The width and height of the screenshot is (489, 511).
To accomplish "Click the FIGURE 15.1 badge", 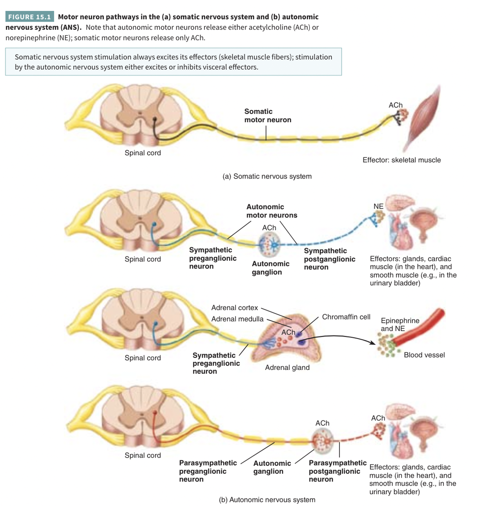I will tap(29, 17).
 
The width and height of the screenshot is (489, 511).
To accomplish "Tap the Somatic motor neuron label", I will tap(268, 116).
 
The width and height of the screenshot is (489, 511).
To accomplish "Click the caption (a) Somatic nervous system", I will tap(267, 176).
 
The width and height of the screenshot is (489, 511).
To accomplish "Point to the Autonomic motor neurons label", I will tap(272, 211).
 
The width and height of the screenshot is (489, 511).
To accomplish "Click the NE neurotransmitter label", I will tap(378, 206).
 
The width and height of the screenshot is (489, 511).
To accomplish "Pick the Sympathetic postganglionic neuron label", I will tap(329, 259).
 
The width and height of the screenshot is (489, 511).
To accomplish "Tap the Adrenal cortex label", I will tap(234, 308).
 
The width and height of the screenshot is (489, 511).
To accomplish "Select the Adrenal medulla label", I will tap(237, 319).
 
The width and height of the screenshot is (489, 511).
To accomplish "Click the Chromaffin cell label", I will tap(346, 317).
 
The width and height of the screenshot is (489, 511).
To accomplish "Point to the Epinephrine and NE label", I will tap(400, 324).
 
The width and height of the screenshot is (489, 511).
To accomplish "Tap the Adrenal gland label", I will tap(287, 368).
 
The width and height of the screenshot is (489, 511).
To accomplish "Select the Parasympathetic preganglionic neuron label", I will tap(208, 471).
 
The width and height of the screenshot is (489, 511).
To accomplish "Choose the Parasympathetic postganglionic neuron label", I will tap(337, 471).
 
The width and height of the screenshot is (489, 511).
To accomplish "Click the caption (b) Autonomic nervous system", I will tap(267, 500).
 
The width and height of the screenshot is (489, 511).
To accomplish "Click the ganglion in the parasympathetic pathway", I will tap(323, 440).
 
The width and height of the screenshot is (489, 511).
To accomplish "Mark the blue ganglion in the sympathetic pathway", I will tap(270, 243).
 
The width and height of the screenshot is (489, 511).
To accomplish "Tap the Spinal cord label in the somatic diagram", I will tap(142, 153).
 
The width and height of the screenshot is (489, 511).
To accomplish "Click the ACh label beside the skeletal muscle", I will tap(395, 105).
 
